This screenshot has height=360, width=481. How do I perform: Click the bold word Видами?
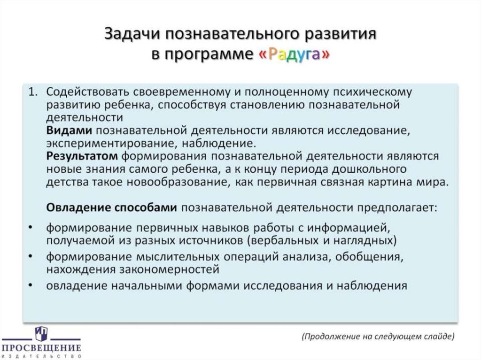click(x=69, y=130)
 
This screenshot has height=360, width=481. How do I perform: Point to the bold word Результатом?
click(x=80, y=156)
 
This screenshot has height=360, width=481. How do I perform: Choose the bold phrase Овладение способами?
click(x=112, y=207)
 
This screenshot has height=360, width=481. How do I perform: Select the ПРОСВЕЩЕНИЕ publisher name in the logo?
click(x=41, y=348)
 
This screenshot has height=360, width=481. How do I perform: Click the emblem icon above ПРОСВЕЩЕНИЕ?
click(x=41, y=334)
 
